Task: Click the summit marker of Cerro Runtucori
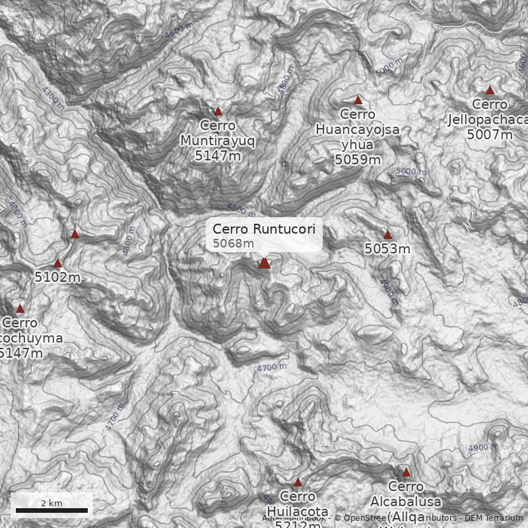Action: tap(264, 263)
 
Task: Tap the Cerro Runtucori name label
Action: tap(264, 229)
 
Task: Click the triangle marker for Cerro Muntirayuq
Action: tap(218, 112)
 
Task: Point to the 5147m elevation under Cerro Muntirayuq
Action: tap(218, 156)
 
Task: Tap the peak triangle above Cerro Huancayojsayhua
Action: tap(358, 100)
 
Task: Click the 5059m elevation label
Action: tap(358, 159)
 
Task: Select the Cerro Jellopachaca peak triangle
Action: tap(490, 90)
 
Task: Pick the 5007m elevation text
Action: tap(490, 135)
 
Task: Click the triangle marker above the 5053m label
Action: tap(387, 235)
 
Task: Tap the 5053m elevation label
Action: tap(387, 249)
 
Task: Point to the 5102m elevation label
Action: tap(57, 277)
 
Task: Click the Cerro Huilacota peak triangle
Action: tap(298, 482)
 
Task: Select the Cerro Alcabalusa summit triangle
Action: tap(406, 473)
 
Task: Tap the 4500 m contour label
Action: tap(241, 210)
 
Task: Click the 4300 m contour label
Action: tap(53, 98)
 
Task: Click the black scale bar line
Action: tap(51, 510)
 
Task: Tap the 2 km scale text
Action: tap(51, 503)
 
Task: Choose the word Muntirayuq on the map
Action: tap(218, 141)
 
